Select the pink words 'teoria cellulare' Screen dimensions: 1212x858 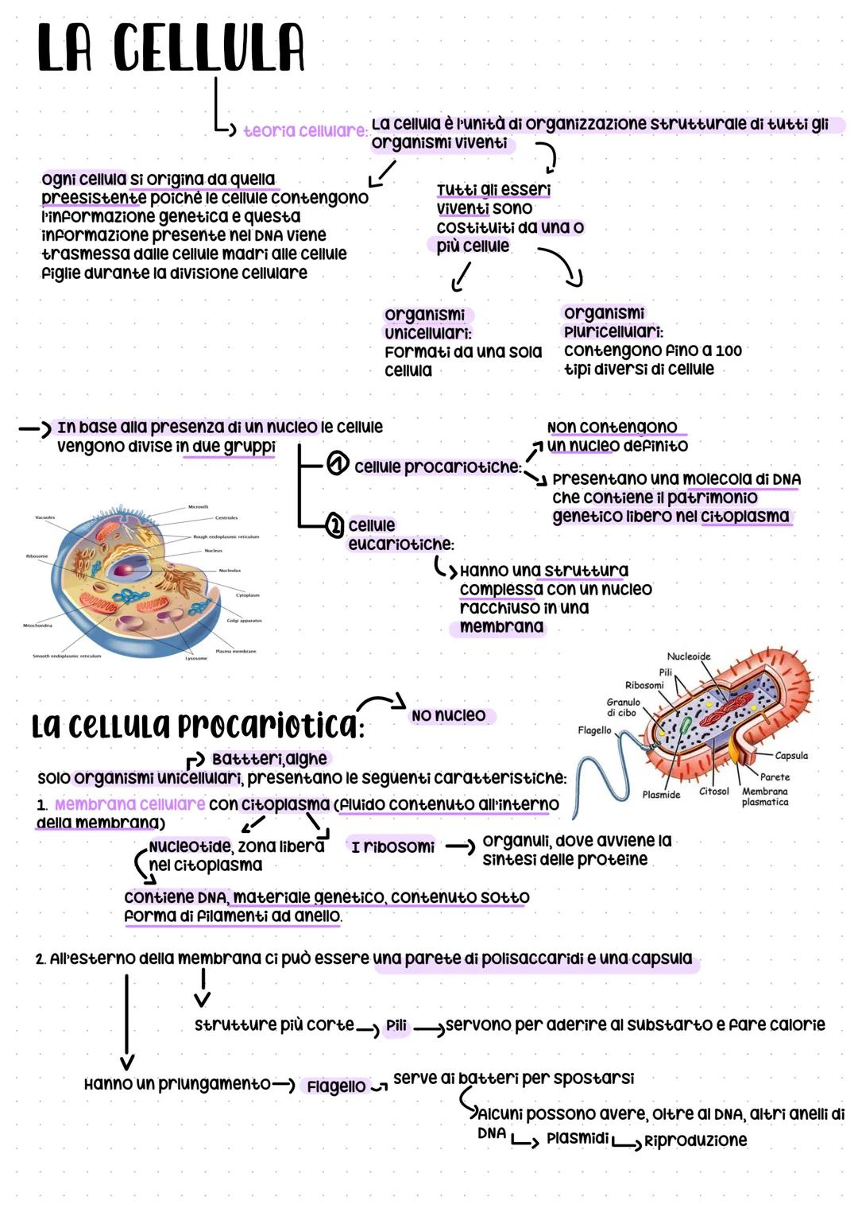pyautogui.click(x=304, y=130)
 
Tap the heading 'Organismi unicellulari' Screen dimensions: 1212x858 pyautogui.click(x=427, y=323)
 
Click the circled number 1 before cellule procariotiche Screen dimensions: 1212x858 pyautogui.click(x=338, y=464)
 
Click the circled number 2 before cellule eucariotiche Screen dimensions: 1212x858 pyautogui.click(x=335, y=525)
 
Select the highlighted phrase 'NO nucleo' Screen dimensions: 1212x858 pyautogui.click(x=448, y=715)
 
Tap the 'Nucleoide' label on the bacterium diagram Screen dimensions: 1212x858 pyautogui.click(x=688, y=656)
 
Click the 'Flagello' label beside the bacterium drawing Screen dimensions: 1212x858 pyautogui.click(x=594, y=730)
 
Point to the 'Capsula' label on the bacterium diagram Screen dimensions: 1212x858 pyautogui.click(x=790, y=756)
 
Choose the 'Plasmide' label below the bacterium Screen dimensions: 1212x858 pyautogui.click(x=661, y=795)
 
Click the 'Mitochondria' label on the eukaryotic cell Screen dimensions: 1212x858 pyautogui.click(x=37, y=625)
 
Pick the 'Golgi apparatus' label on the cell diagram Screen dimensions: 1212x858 pyautogui.click(x=244, y=621)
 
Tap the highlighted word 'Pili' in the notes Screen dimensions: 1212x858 pyautogui.click(x=396, y=1026)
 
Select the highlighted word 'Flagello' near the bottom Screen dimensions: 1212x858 pyautogui.click(x=336, y=1086)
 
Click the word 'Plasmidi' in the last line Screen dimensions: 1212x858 pyautogui.click(x=577, y=1138)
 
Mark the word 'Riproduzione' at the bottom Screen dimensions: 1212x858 pyautogui.click(x=695, y=1140)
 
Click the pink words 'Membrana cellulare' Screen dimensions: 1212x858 pyautogui.click(x=129, y=804)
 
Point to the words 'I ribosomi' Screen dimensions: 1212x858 pyautogui.click(x=392, y=847)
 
